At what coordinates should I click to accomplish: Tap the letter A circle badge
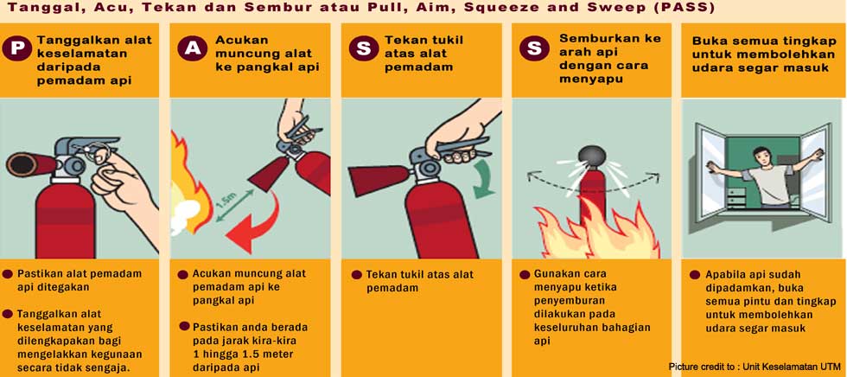189,49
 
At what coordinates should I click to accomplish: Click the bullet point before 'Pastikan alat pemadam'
8,273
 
